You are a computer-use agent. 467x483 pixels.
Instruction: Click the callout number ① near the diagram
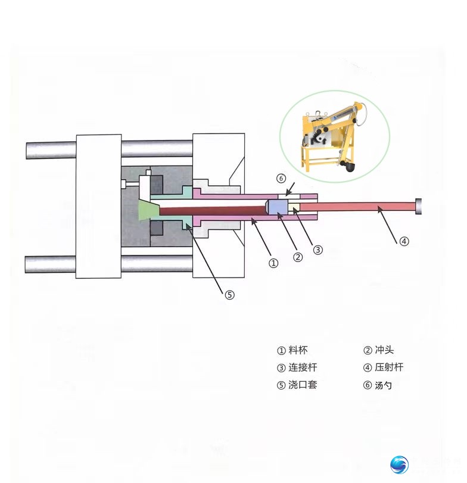pos(273,263)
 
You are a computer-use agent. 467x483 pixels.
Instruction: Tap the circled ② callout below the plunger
pos(297,257)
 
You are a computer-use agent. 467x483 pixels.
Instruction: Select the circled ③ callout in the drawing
pos(318,250)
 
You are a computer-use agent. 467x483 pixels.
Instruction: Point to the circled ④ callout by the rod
pos(404,241)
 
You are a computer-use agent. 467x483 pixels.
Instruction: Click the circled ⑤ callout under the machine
pos(229,295)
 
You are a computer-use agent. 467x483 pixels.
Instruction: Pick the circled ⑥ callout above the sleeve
pos(281,178)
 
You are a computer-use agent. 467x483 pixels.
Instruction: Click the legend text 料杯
pos(298,350)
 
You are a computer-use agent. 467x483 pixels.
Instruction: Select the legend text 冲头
pos(384,350)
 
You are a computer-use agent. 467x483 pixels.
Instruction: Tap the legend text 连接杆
pos(303,367)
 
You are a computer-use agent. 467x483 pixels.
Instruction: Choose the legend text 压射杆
pos(389,367)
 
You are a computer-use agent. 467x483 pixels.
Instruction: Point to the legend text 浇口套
pos(303,385)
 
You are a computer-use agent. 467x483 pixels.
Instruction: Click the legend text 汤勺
pos(383,385)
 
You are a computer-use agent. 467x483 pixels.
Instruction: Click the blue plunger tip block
pos(277,207)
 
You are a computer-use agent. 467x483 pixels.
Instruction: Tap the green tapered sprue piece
pos(148,210)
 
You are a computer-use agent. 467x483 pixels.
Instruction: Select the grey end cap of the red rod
pos(418,206)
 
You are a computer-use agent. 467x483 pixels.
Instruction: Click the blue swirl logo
pos(399,465)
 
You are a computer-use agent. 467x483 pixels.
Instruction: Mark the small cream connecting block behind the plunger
pos(294,207)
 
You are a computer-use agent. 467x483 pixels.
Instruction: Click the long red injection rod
pos(357,207)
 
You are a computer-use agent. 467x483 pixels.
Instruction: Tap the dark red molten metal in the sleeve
pos(213,211)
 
